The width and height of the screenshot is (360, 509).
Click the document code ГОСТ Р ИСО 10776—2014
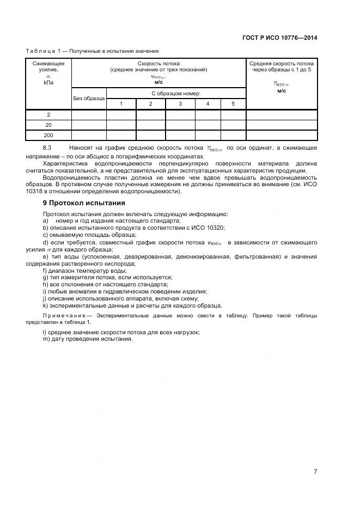[x=279, y=38]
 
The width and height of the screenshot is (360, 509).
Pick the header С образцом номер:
[x=175, y=93]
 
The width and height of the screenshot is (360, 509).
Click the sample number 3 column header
[x=180, y=103]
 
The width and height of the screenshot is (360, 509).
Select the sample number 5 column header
[x=233, y=103]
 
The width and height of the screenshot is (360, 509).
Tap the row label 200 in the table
[x=48, y=134]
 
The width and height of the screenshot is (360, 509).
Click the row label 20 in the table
[x=48, y=125]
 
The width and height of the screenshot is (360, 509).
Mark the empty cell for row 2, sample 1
[x=120, y=114]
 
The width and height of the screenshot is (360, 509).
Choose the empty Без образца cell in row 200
[x=88, y=134]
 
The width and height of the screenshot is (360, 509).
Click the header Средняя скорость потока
[x=281, y=64]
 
